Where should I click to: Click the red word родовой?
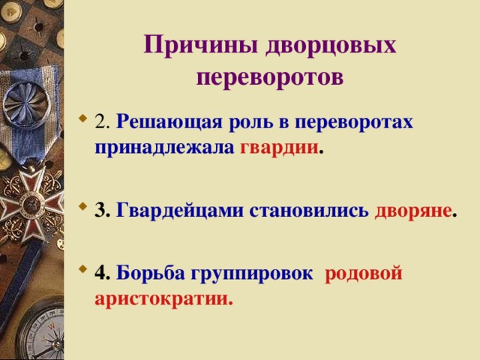pos(364,274)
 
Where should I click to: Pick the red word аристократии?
pos(163,298)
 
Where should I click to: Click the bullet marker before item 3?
pos(82,211)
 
